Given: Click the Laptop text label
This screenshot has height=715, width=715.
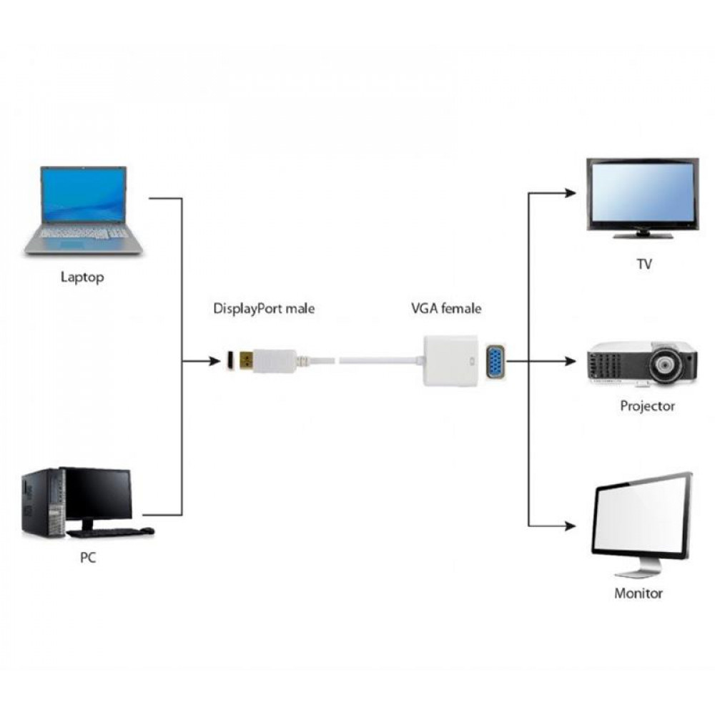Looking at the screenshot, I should coord(82,277).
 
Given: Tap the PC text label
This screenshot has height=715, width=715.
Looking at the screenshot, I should coord(87,557).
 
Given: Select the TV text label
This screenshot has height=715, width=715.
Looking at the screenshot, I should coord(643,265).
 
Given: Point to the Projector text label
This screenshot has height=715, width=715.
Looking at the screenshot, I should coord(647,406).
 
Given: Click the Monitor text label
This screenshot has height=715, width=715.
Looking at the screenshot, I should coord(638,593).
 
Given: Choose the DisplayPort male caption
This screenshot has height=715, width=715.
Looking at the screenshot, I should coord(264,309).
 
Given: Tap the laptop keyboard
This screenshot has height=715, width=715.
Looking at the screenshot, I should coord(84,233).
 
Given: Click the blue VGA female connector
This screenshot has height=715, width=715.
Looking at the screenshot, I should coord(495,361).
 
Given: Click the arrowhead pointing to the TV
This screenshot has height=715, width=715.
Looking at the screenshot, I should coord(570,193).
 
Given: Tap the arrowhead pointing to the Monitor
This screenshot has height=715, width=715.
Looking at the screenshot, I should coord(570,527).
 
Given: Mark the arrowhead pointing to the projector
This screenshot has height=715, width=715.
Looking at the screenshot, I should coord(570,361).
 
